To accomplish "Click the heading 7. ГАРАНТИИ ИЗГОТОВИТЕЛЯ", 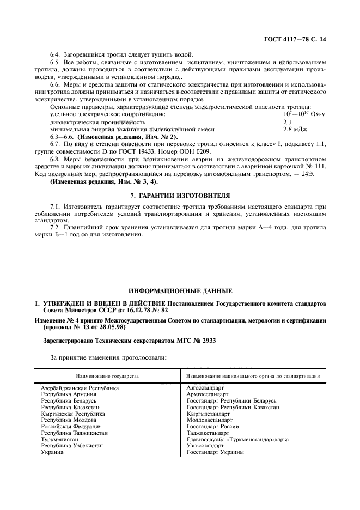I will (180, 195).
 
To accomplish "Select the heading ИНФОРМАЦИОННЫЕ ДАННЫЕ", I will (180, 291).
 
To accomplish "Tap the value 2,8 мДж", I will (295, 129).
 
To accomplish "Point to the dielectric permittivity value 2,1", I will (288, 122).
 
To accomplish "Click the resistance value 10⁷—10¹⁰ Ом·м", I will (304, 115).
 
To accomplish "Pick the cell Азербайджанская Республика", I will (80, 388).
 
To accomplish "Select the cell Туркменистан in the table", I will (60, 439).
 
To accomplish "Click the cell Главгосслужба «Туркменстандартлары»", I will (237, 439).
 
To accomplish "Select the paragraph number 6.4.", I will (56, 54).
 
